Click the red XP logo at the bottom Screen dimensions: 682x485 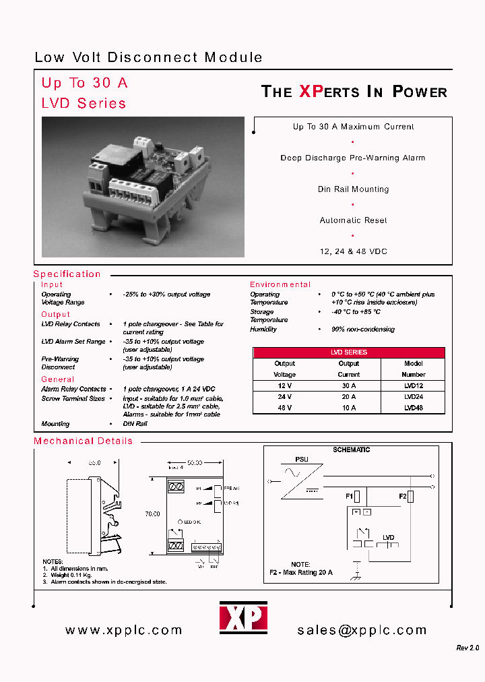coord(243,617)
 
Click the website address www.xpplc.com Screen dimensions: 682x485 coord(124,630)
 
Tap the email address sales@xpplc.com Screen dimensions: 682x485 coord(362,630)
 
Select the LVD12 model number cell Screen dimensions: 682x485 coord(414,386)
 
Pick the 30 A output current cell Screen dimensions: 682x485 coord(349,386)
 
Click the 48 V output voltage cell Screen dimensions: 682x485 coord(284,408)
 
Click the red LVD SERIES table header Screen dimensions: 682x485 coord(349,352)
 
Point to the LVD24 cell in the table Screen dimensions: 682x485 coord(414,397)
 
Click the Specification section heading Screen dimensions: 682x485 coord(67,274)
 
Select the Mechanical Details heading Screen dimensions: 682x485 coord(83,441)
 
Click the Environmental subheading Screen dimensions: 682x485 coord(280,285)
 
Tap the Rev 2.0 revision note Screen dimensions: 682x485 coord(467,648)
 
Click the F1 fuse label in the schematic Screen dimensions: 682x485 coord(350,496)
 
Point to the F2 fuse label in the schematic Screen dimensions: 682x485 coord(403,496)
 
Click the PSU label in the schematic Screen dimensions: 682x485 coord(302,460)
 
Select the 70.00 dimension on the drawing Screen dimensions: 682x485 coord(152,514)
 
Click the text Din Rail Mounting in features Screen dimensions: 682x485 coord(353,189)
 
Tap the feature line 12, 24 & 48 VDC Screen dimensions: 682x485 coord(353,251)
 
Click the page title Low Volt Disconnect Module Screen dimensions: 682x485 coord(148,58)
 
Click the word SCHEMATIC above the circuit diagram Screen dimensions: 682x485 coord(352,449)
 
